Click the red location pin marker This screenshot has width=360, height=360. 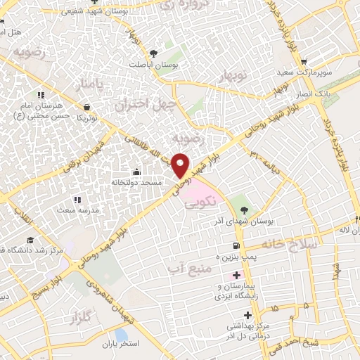pyautogui.click(x=181, y=165)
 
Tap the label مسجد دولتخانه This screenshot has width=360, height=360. pyautogui.click(x=137, y=181)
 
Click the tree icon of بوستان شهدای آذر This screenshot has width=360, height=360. pyautogui.click(x=244, y=210)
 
